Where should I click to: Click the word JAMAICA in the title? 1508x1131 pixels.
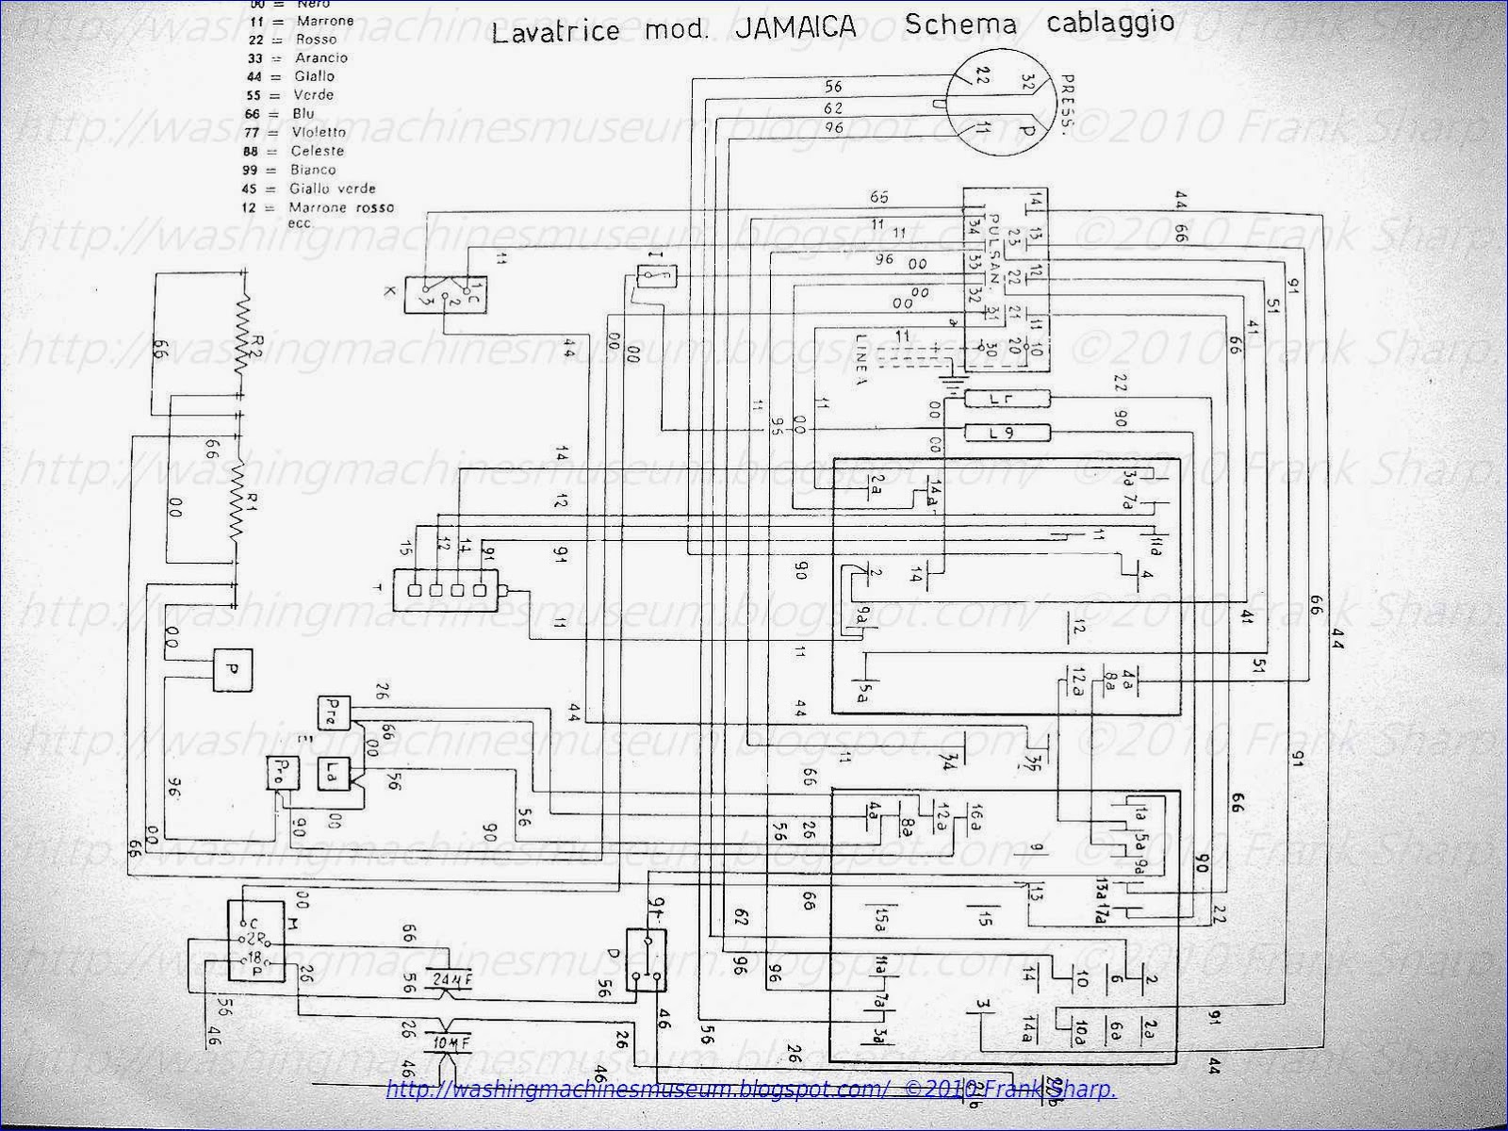(x=795, y=27)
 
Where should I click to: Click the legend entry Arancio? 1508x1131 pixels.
(x=321, y=57)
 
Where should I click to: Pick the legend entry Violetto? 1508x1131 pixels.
(x=319, y=132)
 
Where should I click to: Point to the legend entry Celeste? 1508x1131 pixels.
(x=318, y=151)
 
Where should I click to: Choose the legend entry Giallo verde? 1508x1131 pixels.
(x=333, y=188)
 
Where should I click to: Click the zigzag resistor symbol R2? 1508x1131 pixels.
(x=243, y=336)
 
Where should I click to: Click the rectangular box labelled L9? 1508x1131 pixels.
(x=1006, y=434)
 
